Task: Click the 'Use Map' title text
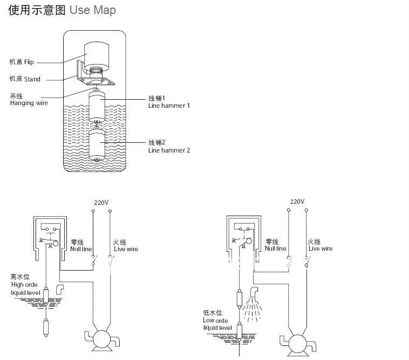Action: coord(93,10)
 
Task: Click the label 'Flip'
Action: coord(29,62)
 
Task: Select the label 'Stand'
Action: coord(32,79)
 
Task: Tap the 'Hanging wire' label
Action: coord(29,103)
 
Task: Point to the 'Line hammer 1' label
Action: coord(169,106)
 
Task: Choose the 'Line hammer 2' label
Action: coord(169,150)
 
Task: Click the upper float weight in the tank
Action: coord(97,107)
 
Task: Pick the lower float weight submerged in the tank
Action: coord(97,144)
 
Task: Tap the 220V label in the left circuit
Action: coord(101,203)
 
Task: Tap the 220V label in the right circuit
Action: coord(297,202)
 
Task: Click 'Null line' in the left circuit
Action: coord(81,249)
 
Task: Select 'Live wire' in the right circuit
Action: coord(321,248)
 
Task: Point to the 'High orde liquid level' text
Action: coord(25,289)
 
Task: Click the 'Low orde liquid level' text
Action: coord(217,324)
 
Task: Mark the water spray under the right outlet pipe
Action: coord(252,309)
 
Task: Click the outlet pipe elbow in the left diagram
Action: coord(60,289)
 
